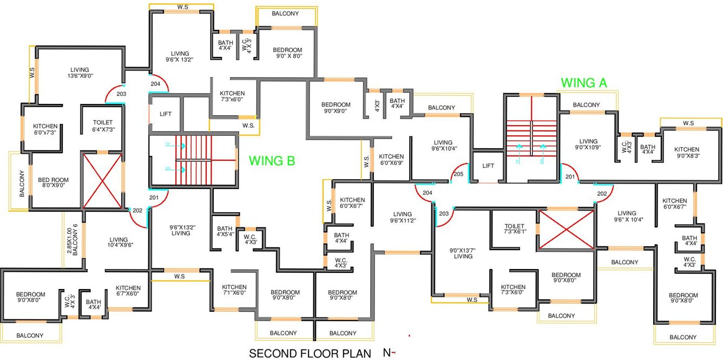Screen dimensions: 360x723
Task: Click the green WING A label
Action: tap(584, 83)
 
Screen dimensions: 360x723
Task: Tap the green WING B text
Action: tap(272, 161)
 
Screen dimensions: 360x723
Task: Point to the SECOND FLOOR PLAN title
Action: tap(310, 354)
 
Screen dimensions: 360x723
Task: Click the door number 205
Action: tap(458, 174)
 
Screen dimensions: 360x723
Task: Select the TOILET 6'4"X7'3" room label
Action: tap(103, 126)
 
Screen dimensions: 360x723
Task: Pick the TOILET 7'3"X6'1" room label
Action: tap(514, 230)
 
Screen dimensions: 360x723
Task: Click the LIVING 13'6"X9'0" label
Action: tap(80, 73)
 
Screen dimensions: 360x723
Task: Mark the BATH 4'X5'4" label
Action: tap(225, 232)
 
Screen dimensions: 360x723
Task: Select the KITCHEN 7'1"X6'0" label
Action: tap(234, 290)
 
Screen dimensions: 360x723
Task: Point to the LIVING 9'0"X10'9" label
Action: tap(588, 145)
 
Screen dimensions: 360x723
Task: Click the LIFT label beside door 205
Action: tap(488, 166)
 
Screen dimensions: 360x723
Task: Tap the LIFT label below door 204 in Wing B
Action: tap(166, 114)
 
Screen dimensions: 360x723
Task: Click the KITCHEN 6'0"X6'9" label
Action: tap(391, 160)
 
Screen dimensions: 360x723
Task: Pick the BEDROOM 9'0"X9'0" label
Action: tap(336, 108)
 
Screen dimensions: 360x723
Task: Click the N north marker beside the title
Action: tap(387, 353)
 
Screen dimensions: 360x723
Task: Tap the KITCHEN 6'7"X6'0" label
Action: tap(128, 291)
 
